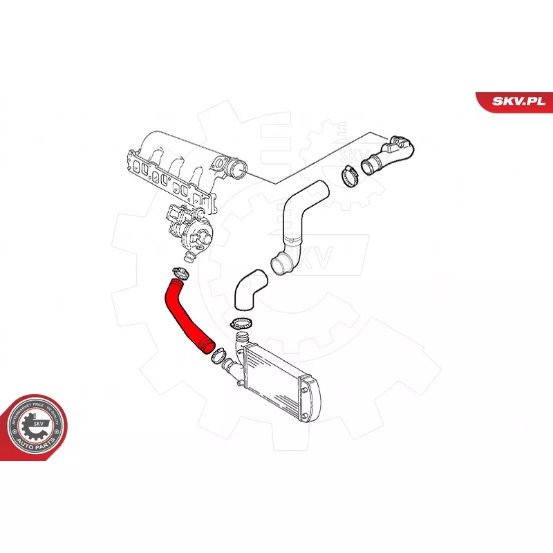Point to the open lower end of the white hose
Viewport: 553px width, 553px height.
click(281, 264)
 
